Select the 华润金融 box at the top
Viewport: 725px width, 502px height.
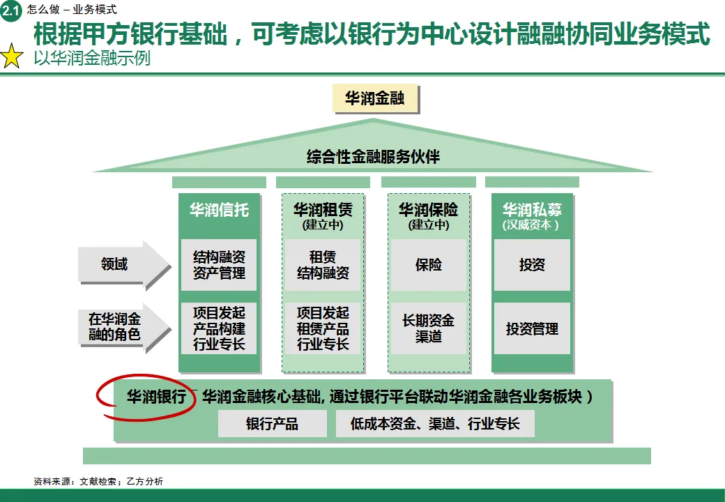pos(375,98)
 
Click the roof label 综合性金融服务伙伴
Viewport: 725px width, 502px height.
pos(374,156)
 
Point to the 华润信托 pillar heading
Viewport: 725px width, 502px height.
pos(219,210)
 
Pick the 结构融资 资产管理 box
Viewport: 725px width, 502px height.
pos(219,265)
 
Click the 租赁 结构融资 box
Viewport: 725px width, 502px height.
pos(323,265)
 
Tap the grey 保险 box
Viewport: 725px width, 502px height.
pos(428,265)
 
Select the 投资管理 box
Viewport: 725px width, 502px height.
pos(532,328)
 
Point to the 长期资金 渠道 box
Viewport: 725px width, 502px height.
pos(428,328)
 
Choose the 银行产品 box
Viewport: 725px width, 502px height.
pos(272,424)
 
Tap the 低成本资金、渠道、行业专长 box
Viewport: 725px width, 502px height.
pos(435,424)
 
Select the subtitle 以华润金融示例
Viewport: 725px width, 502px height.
pos(92,59)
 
